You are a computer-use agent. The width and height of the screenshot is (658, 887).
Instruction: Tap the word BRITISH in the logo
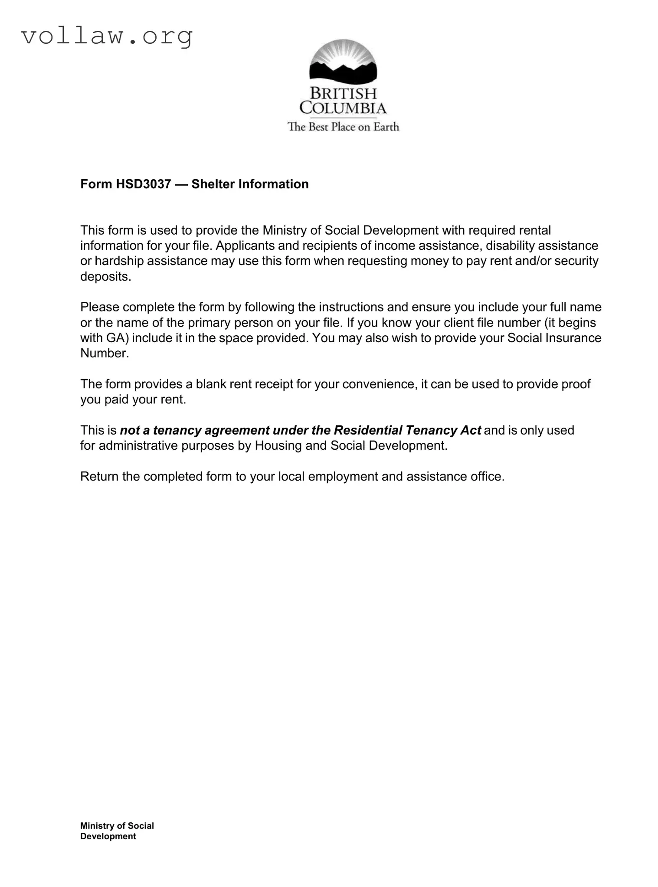(343, 93)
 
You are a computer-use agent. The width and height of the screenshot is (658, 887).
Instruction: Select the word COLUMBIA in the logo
(343, 108)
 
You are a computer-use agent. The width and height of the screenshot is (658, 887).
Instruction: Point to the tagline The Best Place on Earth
(343, 127)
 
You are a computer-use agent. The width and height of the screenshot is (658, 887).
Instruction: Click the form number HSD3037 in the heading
(143, 184)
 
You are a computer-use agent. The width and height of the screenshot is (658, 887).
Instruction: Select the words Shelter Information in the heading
(250, 184)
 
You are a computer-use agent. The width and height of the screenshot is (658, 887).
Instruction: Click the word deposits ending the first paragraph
(105, 277)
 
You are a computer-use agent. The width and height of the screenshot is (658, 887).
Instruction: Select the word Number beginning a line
(105, 353)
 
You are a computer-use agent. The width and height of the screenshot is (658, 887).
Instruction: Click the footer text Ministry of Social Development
(117, 831)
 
